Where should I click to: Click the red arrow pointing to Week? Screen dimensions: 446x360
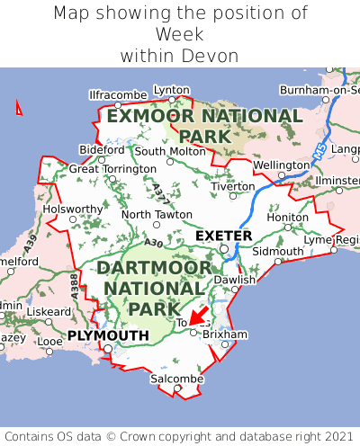[x=198, y=315]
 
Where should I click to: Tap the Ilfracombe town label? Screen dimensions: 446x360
[x=118, y=94]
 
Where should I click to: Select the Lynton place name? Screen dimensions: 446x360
[x=172, y=90]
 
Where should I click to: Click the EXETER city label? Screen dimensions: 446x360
[x=224, y=236]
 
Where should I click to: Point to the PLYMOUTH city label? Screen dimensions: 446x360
[x=108, y=335]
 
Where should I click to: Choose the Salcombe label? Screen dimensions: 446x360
[x=176, y=379]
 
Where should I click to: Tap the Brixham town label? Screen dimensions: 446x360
[x=225, y=334]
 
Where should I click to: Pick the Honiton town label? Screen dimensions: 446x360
[x=288, y=217]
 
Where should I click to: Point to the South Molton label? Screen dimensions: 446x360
[x=170, y=151]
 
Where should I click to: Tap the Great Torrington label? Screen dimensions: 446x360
[x=112, y=168]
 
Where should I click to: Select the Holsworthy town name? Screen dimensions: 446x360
[x=74, y=209]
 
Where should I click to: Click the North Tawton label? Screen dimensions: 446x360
[x=157, y=215]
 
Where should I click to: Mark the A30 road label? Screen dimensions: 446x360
[x=153, y=243]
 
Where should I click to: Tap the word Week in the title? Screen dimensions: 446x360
[x=180, y=34]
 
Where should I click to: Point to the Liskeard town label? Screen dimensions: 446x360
[x=49, y=311]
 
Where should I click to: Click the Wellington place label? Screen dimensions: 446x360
[x=281, y=165]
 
